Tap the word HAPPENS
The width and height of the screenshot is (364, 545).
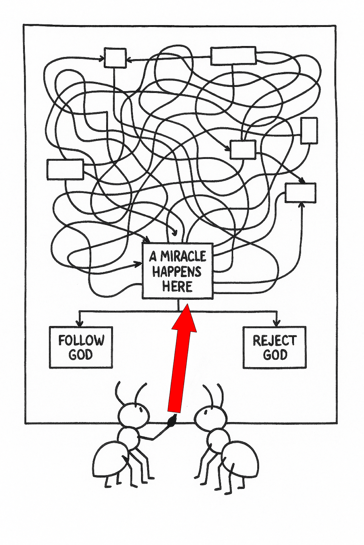[x=177, y=272]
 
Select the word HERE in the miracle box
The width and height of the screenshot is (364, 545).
[x=177, y=286]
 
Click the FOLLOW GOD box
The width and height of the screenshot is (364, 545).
[x=81, y=347]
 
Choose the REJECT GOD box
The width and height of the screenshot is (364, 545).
[x=275, y=347]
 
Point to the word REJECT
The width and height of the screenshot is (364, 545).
[x=275, y=341]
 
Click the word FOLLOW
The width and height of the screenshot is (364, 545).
[x=81, y=341]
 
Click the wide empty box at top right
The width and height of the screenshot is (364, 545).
[x=233, y=56]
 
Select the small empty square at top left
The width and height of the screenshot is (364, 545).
[x=115, y=58]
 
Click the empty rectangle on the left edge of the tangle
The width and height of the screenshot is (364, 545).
[x=65, y=169]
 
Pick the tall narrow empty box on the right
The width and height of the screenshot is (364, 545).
[x=309, y=131]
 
